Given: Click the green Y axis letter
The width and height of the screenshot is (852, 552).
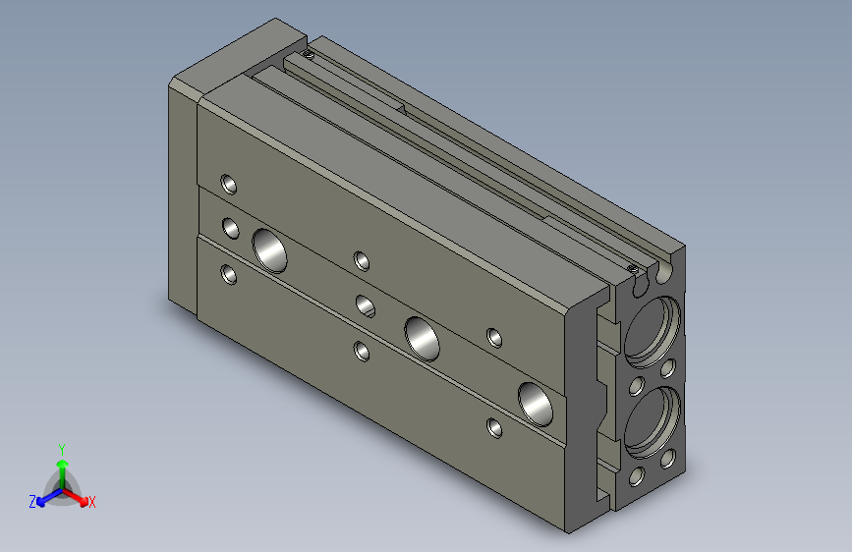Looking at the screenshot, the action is coord(62,449).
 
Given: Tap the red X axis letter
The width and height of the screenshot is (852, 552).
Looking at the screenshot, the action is coord(91,502).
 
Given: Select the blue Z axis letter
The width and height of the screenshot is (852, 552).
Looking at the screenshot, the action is coord(32,502).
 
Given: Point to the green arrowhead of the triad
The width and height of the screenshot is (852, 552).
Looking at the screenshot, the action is coord(63,464).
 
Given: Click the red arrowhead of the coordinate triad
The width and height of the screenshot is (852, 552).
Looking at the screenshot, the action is coord(83,500).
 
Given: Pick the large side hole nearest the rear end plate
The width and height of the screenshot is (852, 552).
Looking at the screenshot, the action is coord(270,250).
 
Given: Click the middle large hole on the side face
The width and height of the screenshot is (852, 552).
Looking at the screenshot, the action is coord(423,339).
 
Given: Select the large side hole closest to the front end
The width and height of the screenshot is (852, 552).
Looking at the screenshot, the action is coord(536,405).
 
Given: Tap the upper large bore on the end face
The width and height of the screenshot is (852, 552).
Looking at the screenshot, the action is coord(653,331).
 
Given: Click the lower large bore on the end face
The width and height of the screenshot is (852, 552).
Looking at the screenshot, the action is coord(653,422).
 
